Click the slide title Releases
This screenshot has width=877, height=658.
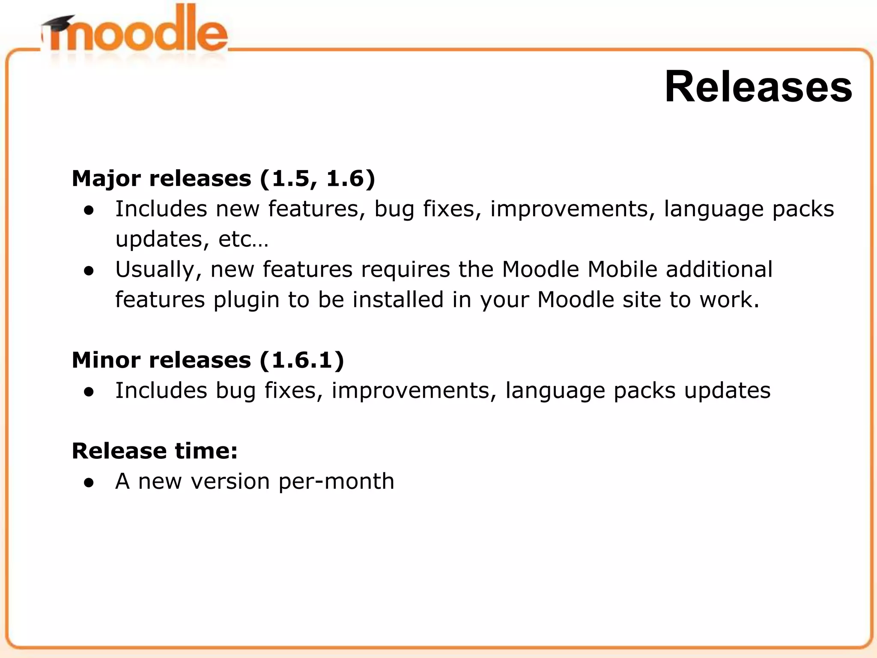758,87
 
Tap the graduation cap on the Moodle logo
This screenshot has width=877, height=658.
59,24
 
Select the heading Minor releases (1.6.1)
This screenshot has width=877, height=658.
208,360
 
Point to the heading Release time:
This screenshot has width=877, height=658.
155,451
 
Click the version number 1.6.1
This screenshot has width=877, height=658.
301,360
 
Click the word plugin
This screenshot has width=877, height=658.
246,300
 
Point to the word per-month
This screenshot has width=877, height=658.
336,482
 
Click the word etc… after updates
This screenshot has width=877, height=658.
243,239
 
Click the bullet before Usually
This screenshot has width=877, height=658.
89,271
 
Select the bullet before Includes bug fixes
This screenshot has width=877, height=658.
89,392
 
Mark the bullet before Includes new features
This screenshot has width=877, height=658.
89,210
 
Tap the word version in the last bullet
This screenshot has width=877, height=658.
230,482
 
